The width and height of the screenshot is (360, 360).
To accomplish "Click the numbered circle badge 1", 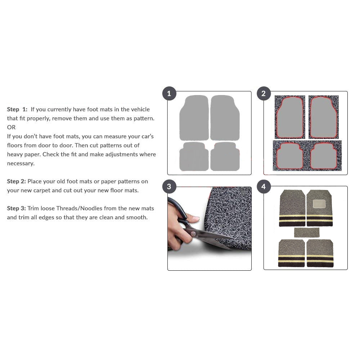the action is coord(169,94).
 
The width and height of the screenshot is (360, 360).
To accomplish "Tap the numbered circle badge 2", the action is coord(264,94).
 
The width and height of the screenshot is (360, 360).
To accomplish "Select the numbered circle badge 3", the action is coord(169,186).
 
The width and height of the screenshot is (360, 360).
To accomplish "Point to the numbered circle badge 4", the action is coord(264,186).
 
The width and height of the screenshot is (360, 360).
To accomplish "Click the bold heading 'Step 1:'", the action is coord(17,109).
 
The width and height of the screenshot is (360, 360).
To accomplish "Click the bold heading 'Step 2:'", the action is coord(16,181).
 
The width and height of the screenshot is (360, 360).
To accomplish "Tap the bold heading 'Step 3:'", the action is coord(16,208).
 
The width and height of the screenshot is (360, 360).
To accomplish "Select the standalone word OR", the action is coord(11,127).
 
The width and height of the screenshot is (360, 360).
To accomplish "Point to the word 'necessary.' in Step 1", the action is coord(21,163).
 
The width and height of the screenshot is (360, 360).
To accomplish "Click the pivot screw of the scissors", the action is coord(194,234).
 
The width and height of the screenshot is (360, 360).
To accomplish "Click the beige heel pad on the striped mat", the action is coord(319,203).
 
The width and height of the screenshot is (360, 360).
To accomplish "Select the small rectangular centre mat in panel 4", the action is coord(306,233).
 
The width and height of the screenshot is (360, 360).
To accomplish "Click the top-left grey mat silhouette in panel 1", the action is coord(194,118).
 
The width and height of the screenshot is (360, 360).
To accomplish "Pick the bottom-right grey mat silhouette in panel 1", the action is coord(225,157).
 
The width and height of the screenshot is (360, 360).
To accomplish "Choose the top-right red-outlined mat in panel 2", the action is coord(324,117).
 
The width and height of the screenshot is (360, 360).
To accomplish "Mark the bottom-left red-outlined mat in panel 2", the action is coord(290,156).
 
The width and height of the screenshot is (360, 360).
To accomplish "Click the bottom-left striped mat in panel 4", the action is coord(291,253).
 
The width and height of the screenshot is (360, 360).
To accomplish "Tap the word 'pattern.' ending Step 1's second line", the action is coord(144,118).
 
